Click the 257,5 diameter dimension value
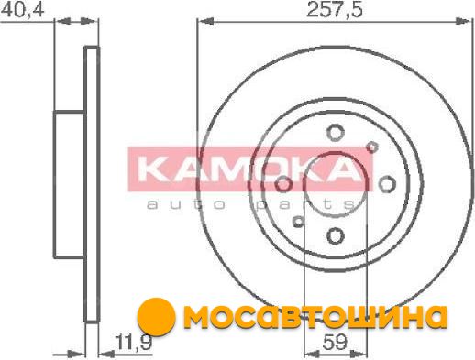coord(335,10)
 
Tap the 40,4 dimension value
coord(23,10)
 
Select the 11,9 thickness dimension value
coord(133,343)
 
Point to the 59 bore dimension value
coord(335,342)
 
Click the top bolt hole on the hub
coord(336,133)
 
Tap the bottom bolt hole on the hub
coord(336,236)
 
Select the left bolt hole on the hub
coord(283,184)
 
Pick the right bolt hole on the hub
coord(387,184)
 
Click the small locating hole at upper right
coord(372,147)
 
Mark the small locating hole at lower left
coord(298,222)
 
